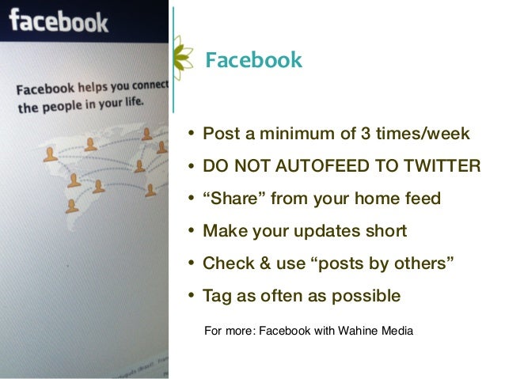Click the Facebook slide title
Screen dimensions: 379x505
253,60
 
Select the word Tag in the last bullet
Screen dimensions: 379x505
217,296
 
